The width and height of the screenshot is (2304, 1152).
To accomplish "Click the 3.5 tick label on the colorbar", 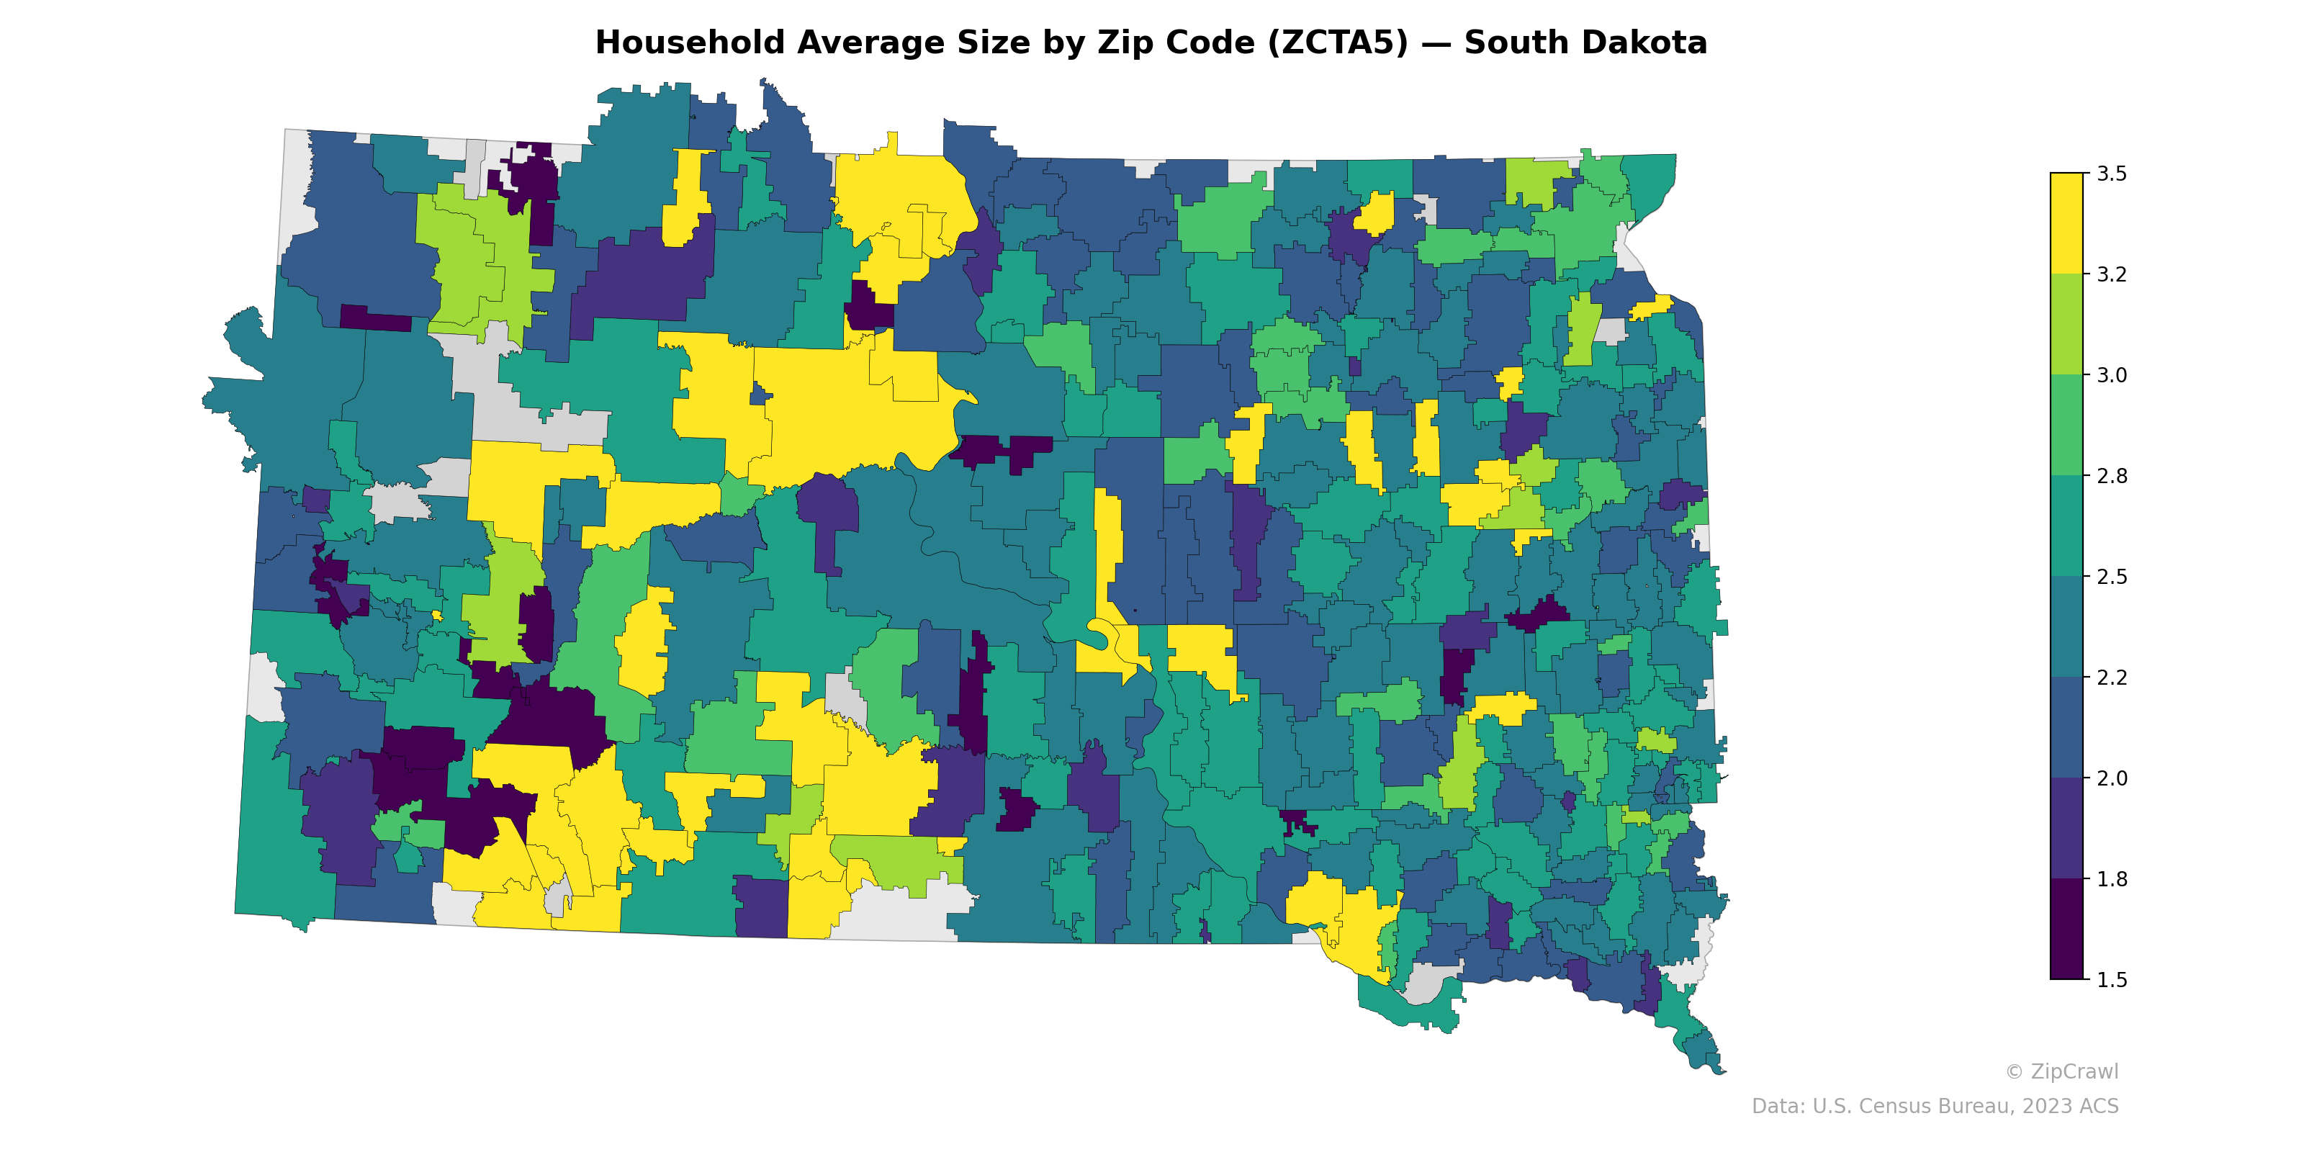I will (2112, 174).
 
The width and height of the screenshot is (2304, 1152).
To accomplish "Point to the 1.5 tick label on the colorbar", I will (2112, 980).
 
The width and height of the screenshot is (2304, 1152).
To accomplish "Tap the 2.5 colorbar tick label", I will (2112, 577).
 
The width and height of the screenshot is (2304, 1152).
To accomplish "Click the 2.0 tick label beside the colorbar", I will (2112, 778).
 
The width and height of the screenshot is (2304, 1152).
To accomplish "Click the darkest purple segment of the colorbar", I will (2066, 930).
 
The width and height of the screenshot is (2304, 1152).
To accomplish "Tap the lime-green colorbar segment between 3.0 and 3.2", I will (2066, 324).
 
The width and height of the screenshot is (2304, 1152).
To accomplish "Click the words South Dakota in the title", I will (1585, 43).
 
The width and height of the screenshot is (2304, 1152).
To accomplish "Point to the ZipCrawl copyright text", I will (2061, 1071).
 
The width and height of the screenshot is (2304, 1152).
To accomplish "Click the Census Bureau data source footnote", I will (1935, 1107).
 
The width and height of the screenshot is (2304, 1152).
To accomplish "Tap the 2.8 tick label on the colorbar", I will (2112, 476).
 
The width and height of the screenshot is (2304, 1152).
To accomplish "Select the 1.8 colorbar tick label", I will (2112, 879).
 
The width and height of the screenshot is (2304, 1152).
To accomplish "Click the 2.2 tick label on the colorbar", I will (2112, 677).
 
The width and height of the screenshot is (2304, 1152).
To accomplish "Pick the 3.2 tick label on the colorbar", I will (2112, 274).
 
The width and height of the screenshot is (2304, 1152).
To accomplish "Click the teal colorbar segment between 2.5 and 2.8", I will (2066, 526).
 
